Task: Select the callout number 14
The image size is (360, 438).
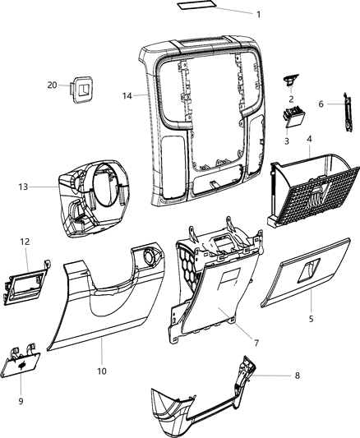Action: [127, 96]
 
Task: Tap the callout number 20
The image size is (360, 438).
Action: [52, 85]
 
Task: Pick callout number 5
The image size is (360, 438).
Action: [311, 318]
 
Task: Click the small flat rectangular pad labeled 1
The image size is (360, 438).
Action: [196, 7]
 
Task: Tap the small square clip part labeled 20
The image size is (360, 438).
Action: [81, 87]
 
